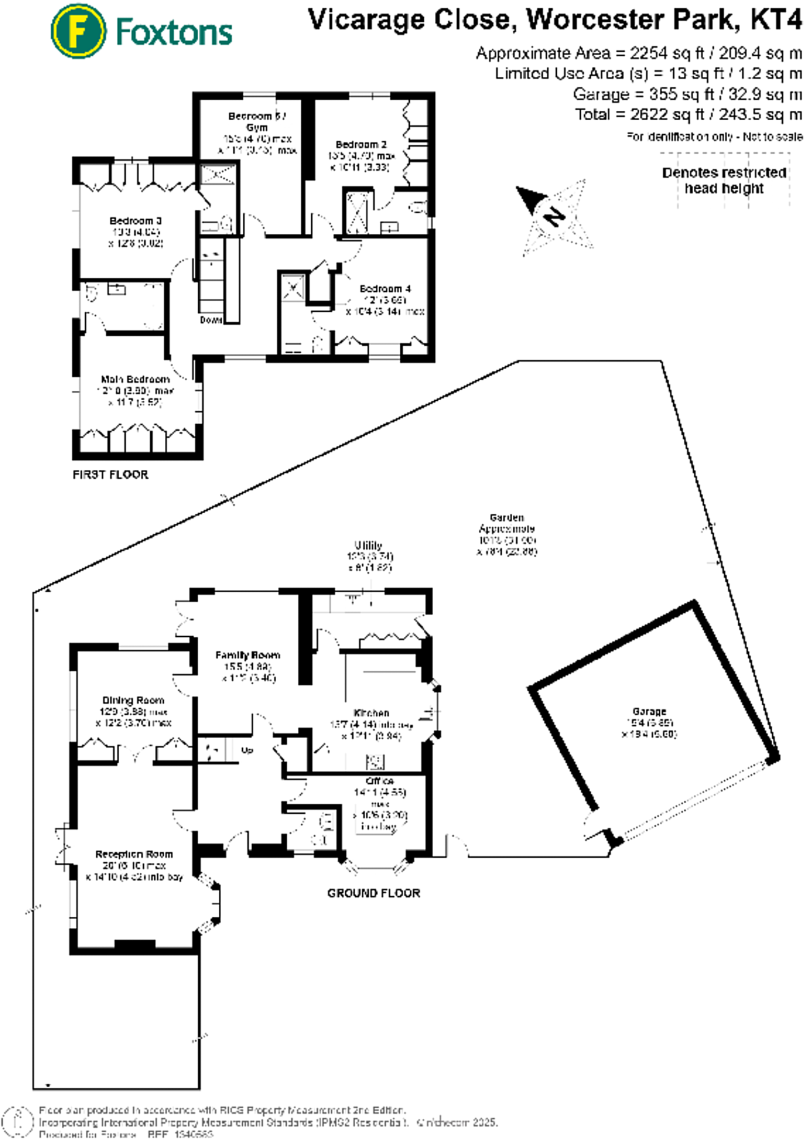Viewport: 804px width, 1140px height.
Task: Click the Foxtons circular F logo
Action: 78,31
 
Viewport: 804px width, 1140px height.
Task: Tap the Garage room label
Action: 649,711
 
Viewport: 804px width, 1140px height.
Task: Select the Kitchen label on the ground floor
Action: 371,713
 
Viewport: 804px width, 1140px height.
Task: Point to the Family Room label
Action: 247,655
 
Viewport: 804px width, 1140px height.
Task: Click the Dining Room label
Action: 133,700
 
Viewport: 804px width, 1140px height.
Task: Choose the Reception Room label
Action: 134,854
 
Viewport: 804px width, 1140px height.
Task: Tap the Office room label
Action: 380,781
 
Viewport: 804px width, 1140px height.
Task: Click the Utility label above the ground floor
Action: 368,546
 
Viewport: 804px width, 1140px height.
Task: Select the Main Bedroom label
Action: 135,379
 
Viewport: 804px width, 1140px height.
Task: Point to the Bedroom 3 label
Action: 135,221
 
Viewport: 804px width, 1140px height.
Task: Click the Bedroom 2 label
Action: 361,144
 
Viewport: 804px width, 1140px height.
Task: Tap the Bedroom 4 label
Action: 385,289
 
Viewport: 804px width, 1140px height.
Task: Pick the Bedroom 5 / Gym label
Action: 257,121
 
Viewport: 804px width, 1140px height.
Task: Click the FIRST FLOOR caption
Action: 110,474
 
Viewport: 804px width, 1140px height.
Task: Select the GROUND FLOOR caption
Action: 373,893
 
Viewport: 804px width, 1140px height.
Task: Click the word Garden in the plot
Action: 507,518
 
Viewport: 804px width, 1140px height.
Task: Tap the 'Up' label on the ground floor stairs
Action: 247,750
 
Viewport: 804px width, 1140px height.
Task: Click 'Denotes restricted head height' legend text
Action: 724,180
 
